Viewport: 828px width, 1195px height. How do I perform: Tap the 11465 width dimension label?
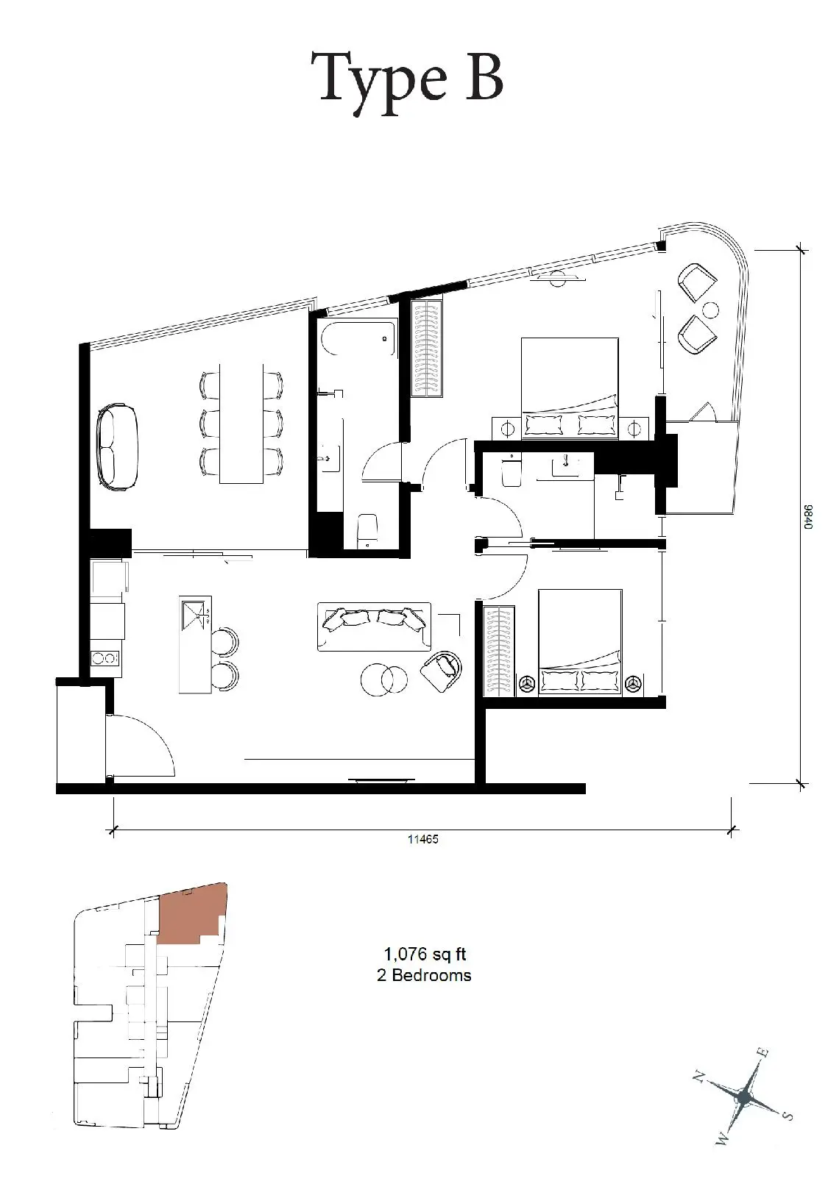[422, 839]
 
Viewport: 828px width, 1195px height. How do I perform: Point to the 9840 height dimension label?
[807, 516]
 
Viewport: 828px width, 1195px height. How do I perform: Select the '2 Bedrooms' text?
[424, 975]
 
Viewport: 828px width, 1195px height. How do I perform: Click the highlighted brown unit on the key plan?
[192, 913]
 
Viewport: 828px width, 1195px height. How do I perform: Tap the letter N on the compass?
[698, 1077]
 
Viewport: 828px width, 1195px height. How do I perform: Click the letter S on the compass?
[788, 1116]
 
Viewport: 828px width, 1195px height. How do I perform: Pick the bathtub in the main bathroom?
[358, 339]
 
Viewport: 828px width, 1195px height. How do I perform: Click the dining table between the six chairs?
[241, 424]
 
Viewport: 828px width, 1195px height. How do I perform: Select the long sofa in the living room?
[374, 627]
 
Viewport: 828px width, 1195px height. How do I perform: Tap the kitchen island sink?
[197, 616]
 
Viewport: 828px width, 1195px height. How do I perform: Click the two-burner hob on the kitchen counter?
[105, 657]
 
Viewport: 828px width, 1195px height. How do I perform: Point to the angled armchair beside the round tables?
[442, 671]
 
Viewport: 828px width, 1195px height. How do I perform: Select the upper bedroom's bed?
[570, 388]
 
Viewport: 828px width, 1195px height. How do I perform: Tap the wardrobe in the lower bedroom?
[498, 650]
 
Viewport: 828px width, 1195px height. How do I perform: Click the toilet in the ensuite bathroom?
[512, 470]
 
